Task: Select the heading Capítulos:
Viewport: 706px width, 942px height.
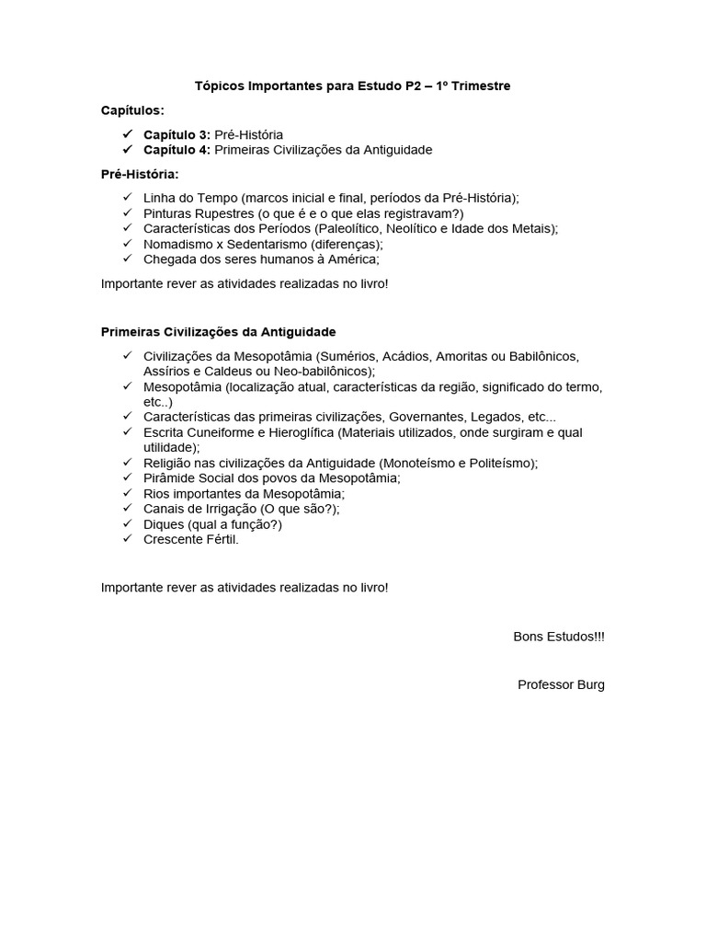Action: [x=132, y=110]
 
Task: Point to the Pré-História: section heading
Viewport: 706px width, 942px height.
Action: [x=140, y=174]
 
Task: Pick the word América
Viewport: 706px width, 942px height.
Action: [x=352, y=259]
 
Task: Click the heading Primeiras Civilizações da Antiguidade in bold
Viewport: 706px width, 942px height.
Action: [x=218, y=331]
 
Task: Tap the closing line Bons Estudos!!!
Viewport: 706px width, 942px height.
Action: [x=559, y=637]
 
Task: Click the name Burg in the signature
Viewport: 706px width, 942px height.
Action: [x=590, y=684]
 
